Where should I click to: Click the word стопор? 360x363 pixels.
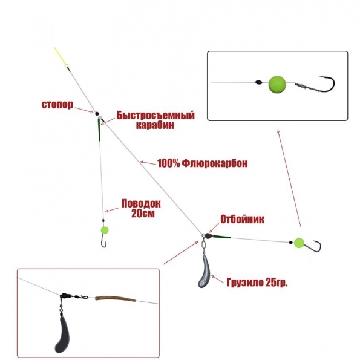(x=57, y=105)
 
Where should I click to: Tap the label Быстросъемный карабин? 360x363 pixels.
(x=155, y=120)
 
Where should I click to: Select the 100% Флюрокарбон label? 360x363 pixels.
(x=202, y=163)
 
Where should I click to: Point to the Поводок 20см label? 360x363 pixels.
(x=141, y=208)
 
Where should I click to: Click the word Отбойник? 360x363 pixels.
(x=242, y=219)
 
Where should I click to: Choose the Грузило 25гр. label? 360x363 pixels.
(x=257, y=283)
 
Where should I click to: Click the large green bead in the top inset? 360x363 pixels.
(x=277, y=84)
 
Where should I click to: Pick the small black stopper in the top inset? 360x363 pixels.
(x=258, y=82)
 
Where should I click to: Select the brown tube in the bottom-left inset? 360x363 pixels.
(x=115, y=299)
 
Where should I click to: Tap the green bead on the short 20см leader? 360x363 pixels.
(x=105, y=230)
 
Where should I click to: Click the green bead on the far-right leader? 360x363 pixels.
(x=299, y=243)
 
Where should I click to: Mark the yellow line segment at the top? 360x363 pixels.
(x=59, y=55)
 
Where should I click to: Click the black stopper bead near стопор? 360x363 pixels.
(x=97, y=114)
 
